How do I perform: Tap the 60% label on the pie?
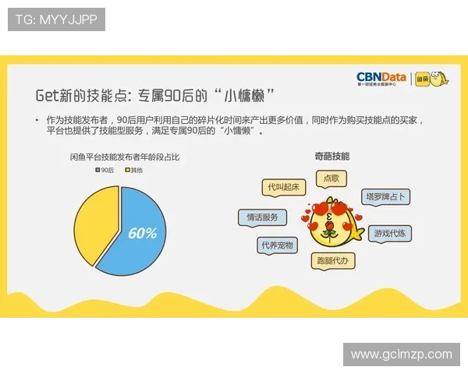pyautogui.click(x=143, y=233)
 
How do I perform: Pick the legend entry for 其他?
pyautogui.click(x=134, y=169)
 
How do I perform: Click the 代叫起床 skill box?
pyautogui.click(x=283, y=187)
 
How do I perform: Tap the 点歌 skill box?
pyautogui.click(x=331, y=178)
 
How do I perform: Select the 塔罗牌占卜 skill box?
pyautogui.click(x=386, y=197)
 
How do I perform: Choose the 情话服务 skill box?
pyautogui.click(x=262, y=218)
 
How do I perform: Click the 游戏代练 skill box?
pyautogui.click(x=392, y=233)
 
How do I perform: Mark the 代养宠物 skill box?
pyautogui.click(x=278, y=245)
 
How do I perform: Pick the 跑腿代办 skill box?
pyautogui.click(x=333, y=259)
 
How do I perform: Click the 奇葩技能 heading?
pyautogui.click(x=331, y=156)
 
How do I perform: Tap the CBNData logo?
pyautogui.click(x=381, y=78)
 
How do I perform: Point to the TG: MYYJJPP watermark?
pyautogui.click(x=56, y=19)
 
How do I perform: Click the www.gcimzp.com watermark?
pyautogui.click(x=401, y=355)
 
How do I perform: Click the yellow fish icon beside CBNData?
pyautogui.click(x=439, y=78)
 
